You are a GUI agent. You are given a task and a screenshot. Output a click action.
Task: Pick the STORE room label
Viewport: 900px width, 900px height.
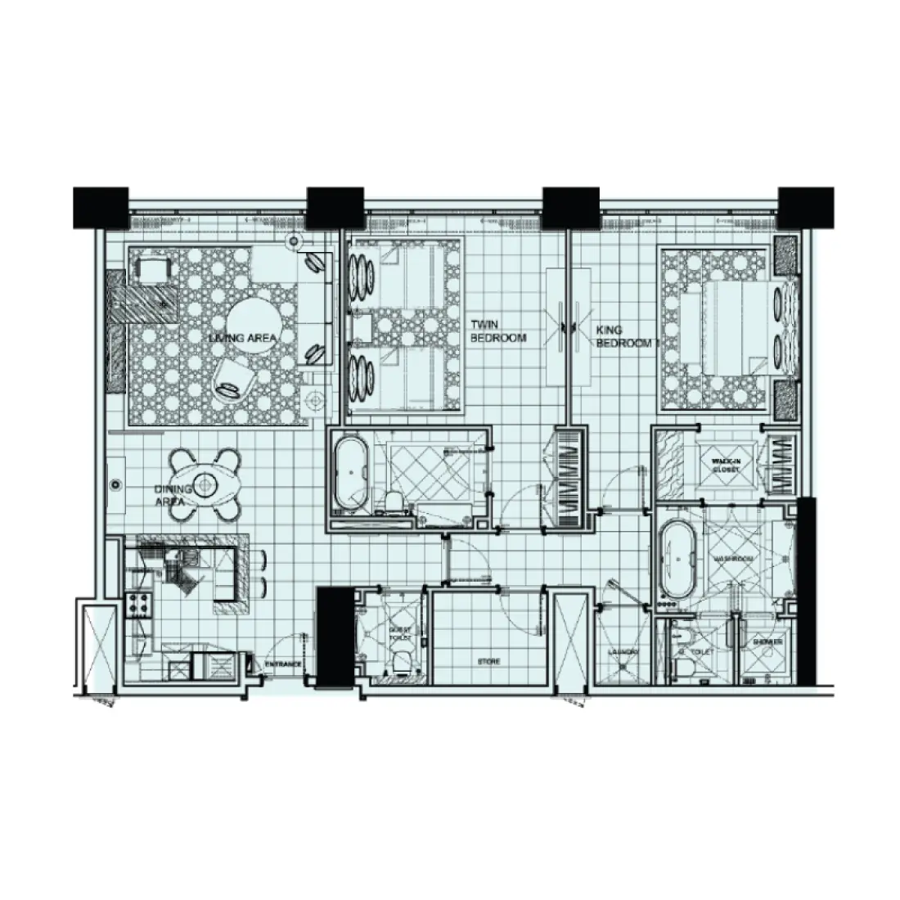(488, 661)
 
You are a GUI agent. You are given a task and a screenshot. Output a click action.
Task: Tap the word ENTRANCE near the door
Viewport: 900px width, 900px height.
(283, 664)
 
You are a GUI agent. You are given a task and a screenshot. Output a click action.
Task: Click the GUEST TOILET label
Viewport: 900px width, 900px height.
(399, 635)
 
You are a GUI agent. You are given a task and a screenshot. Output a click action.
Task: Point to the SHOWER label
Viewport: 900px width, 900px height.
(767, 643)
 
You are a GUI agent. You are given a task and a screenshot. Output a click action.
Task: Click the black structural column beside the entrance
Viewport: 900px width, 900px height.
(332, 636)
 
